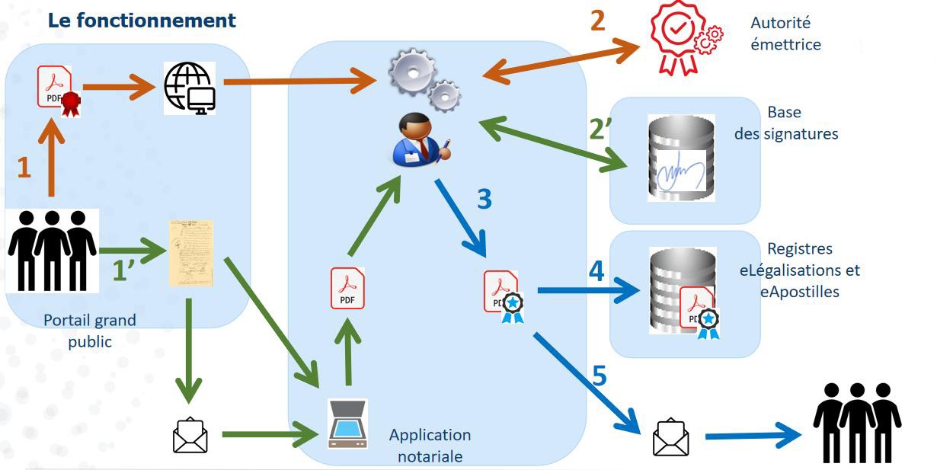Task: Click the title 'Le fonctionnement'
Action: pos(142,21)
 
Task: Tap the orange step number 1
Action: pos(24,167)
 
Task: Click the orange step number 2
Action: pos(598,21)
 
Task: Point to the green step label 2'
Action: pos(602,129)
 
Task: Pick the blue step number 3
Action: pos(484,199)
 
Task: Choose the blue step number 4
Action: pos(597,272)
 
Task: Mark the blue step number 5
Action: pos(600,376)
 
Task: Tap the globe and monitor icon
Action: pos(190,88)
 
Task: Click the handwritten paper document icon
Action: pos(190,252)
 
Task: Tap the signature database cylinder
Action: pos(680,158)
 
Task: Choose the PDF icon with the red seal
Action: pos(58,91)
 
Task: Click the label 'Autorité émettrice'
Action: pos(785,34)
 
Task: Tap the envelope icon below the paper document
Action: pos(190,434)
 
